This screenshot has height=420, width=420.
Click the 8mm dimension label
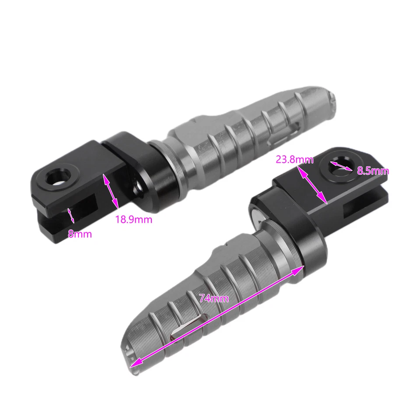(80, 234)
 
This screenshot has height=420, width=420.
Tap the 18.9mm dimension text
(133, 219)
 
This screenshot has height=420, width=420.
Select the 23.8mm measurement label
(294, 160)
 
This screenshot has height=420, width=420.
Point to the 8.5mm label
(373, 171)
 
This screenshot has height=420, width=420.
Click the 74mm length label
(214, 299)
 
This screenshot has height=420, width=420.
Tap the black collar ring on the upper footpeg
(164, 168)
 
